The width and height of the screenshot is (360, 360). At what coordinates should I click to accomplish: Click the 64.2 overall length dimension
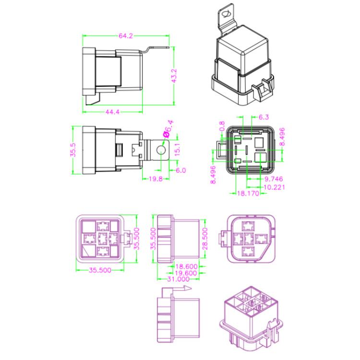pyautogui.click(x=125, y=36)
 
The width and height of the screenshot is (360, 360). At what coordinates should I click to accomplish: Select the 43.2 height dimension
pyautogui.click(x=174, y=76)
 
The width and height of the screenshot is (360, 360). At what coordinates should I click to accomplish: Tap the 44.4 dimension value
pyautogui.click(x=112, y=112)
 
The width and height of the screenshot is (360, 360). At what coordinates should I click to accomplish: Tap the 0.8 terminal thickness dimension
pyautogui.click(x=222, y=126)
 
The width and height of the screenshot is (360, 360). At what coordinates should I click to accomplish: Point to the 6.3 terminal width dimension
pyautogui.click(x=264, y=117)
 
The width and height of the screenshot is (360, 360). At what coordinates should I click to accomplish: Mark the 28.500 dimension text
pyautogui.click(x=205, y=237)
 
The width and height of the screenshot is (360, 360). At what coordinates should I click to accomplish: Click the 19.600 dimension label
pyautogui.click(x=185, y=272)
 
